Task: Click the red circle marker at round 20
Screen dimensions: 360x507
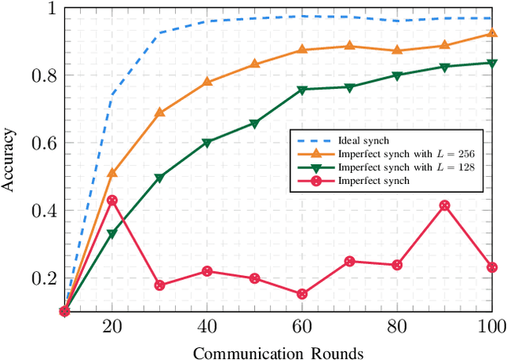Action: (112, 200)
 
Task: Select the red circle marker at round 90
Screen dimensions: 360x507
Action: (444, 205)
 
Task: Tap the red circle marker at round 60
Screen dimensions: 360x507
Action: (302, 294)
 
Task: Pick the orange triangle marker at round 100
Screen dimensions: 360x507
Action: (492, 33)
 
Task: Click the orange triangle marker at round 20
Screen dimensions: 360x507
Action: (112, 172)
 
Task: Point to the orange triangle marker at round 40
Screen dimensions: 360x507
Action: (207, 82)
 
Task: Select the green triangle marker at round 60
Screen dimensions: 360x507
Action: (302, 90)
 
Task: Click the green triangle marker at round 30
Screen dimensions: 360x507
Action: (159, 178)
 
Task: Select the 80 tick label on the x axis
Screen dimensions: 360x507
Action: (397, 327)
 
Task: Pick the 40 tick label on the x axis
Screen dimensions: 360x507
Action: (207, 327)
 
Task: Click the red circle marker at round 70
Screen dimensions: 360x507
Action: (349, 261)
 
